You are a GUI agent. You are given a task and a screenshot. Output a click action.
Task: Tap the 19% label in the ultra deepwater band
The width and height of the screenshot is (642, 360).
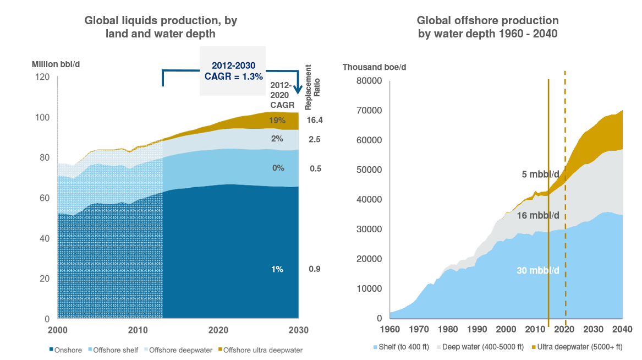(278, 120)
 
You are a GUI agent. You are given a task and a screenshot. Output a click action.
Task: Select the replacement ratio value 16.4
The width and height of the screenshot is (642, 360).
(314, 120)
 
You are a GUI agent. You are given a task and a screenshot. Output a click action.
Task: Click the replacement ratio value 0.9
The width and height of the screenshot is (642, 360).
(314, 269)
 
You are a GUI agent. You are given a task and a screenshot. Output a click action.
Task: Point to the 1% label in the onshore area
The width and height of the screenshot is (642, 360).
(277, 269)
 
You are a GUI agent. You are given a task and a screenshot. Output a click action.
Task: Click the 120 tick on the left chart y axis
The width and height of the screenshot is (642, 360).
(42, 77)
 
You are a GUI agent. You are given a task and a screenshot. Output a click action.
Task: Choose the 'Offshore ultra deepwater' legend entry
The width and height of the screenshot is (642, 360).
(264, 350)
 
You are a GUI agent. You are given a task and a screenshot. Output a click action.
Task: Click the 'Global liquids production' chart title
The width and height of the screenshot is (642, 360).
(161, 27)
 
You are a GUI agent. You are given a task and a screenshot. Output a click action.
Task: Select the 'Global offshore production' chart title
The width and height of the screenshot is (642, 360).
(487, 27)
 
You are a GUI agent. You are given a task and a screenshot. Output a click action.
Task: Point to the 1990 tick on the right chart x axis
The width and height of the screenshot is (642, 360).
(477, 330)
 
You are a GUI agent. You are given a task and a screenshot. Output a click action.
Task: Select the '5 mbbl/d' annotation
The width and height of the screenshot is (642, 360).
(540, 174)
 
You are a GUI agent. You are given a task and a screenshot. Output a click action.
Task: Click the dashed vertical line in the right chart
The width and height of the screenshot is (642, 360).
(566, 138)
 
